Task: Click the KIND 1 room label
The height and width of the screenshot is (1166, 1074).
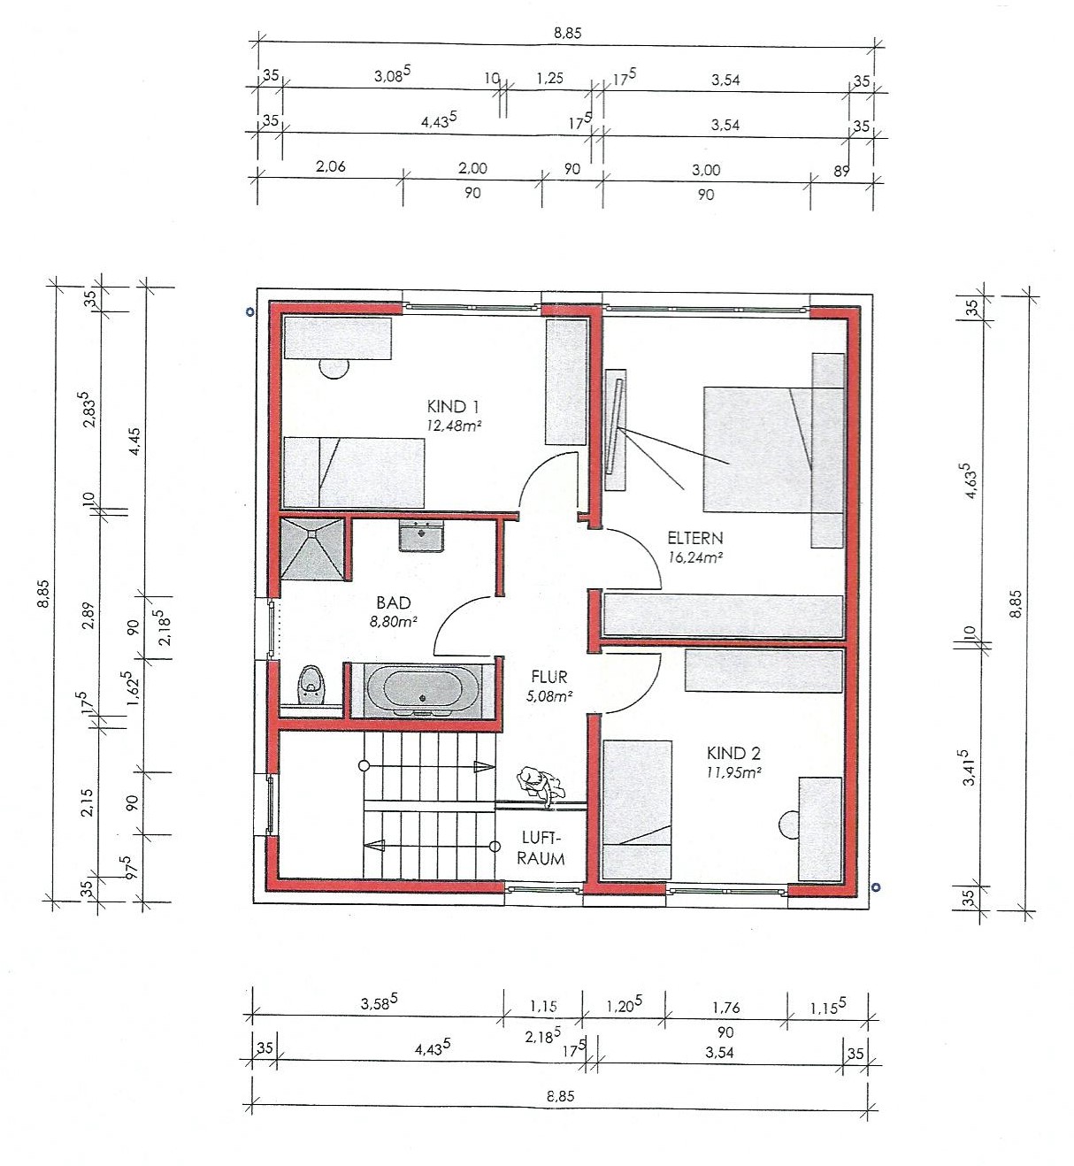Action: (x=454, y=406)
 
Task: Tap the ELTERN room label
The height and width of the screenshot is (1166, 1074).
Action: (x=694, y=537)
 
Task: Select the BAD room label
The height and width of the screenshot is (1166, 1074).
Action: (x=394, y=602)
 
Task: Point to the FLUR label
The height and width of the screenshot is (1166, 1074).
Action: (x=549, y=677)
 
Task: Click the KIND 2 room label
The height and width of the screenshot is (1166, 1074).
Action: (x=733, y=754)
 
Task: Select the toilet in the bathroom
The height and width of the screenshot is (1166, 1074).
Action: (x=312, y=686)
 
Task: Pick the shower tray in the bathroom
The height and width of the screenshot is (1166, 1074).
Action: (x=312, y=548)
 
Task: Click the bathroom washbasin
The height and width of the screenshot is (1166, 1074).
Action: (x=422, y=535)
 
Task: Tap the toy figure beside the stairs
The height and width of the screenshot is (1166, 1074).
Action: (x=541, y=786)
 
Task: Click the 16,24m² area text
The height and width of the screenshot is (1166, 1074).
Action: (x=695, y=557)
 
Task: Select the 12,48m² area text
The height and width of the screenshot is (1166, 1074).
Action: (x=454, y=426)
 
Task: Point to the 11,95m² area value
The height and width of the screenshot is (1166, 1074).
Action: (x=733, y=772)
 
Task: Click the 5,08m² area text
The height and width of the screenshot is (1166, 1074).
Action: (x=549, y=695)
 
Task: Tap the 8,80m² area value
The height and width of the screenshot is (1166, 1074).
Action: (x=394, y=622)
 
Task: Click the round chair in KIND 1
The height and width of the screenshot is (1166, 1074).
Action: (x=334, y=368)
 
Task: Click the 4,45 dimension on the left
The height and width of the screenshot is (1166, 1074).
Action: (x=134, y=441)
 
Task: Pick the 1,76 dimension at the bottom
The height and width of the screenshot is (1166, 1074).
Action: (x=725, y=1008)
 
